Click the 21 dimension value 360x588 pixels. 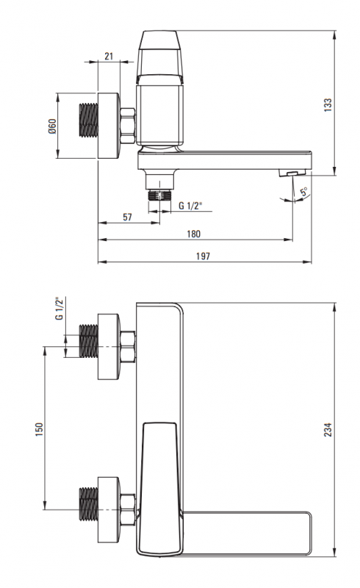(109, 57)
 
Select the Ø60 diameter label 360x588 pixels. (51, 126)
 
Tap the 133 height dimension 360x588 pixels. (328, 104)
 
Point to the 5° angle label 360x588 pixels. (304, 192)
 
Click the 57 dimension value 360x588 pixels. (128, 217)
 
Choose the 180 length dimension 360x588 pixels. (193, 234)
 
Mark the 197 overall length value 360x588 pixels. (203, 256)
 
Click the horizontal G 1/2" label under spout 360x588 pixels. (190, 206)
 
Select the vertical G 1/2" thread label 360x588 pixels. (60, 309)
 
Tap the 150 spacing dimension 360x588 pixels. (39, 429)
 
